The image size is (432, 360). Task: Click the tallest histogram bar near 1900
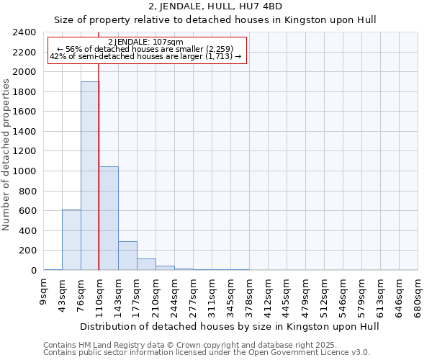(x=90, y=176)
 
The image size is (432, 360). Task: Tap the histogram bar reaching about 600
(x=71, y=240)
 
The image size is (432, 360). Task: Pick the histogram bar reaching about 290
(x=127, y=256)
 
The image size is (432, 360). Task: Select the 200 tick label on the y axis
(x=27, y=251)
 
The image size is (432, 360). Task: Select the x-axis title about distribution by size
(x=229, y=326)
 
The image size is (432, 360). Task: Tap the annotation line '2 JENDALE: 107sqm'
(x=147, y=42)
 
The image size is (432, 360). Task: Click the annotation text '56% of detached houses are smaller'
(x=147, y=49)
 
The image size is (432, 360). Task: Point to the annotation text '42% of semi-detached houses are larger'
(x=147, y=56)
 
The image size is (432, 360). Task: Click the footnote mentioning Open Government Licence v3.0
(x=206, y=352)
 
